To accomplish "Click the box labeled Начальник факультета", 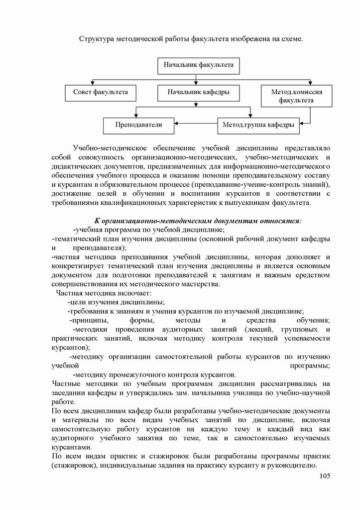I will pyautogui.click(x=195, y=65).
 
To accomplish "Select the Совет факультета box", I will pyautogui.click(x=101, y=92).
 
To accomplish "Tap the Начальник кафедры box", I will pyautogui.click(x=198, y=92).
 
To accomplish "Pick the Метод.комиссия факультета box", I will pyautogui.click(x=296, y=96).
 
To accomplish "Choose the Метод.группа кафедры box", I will pyautogui.click(x=258, y=125).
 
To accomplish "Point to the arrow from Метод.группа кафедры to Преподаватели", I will pyautogui.click(x=196, y=124).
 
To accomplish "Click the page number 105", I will pyautogui.click(x=324, y=476).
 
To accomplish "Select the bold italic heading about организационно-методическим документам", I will pyautogui.click(x=198, y=220).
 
